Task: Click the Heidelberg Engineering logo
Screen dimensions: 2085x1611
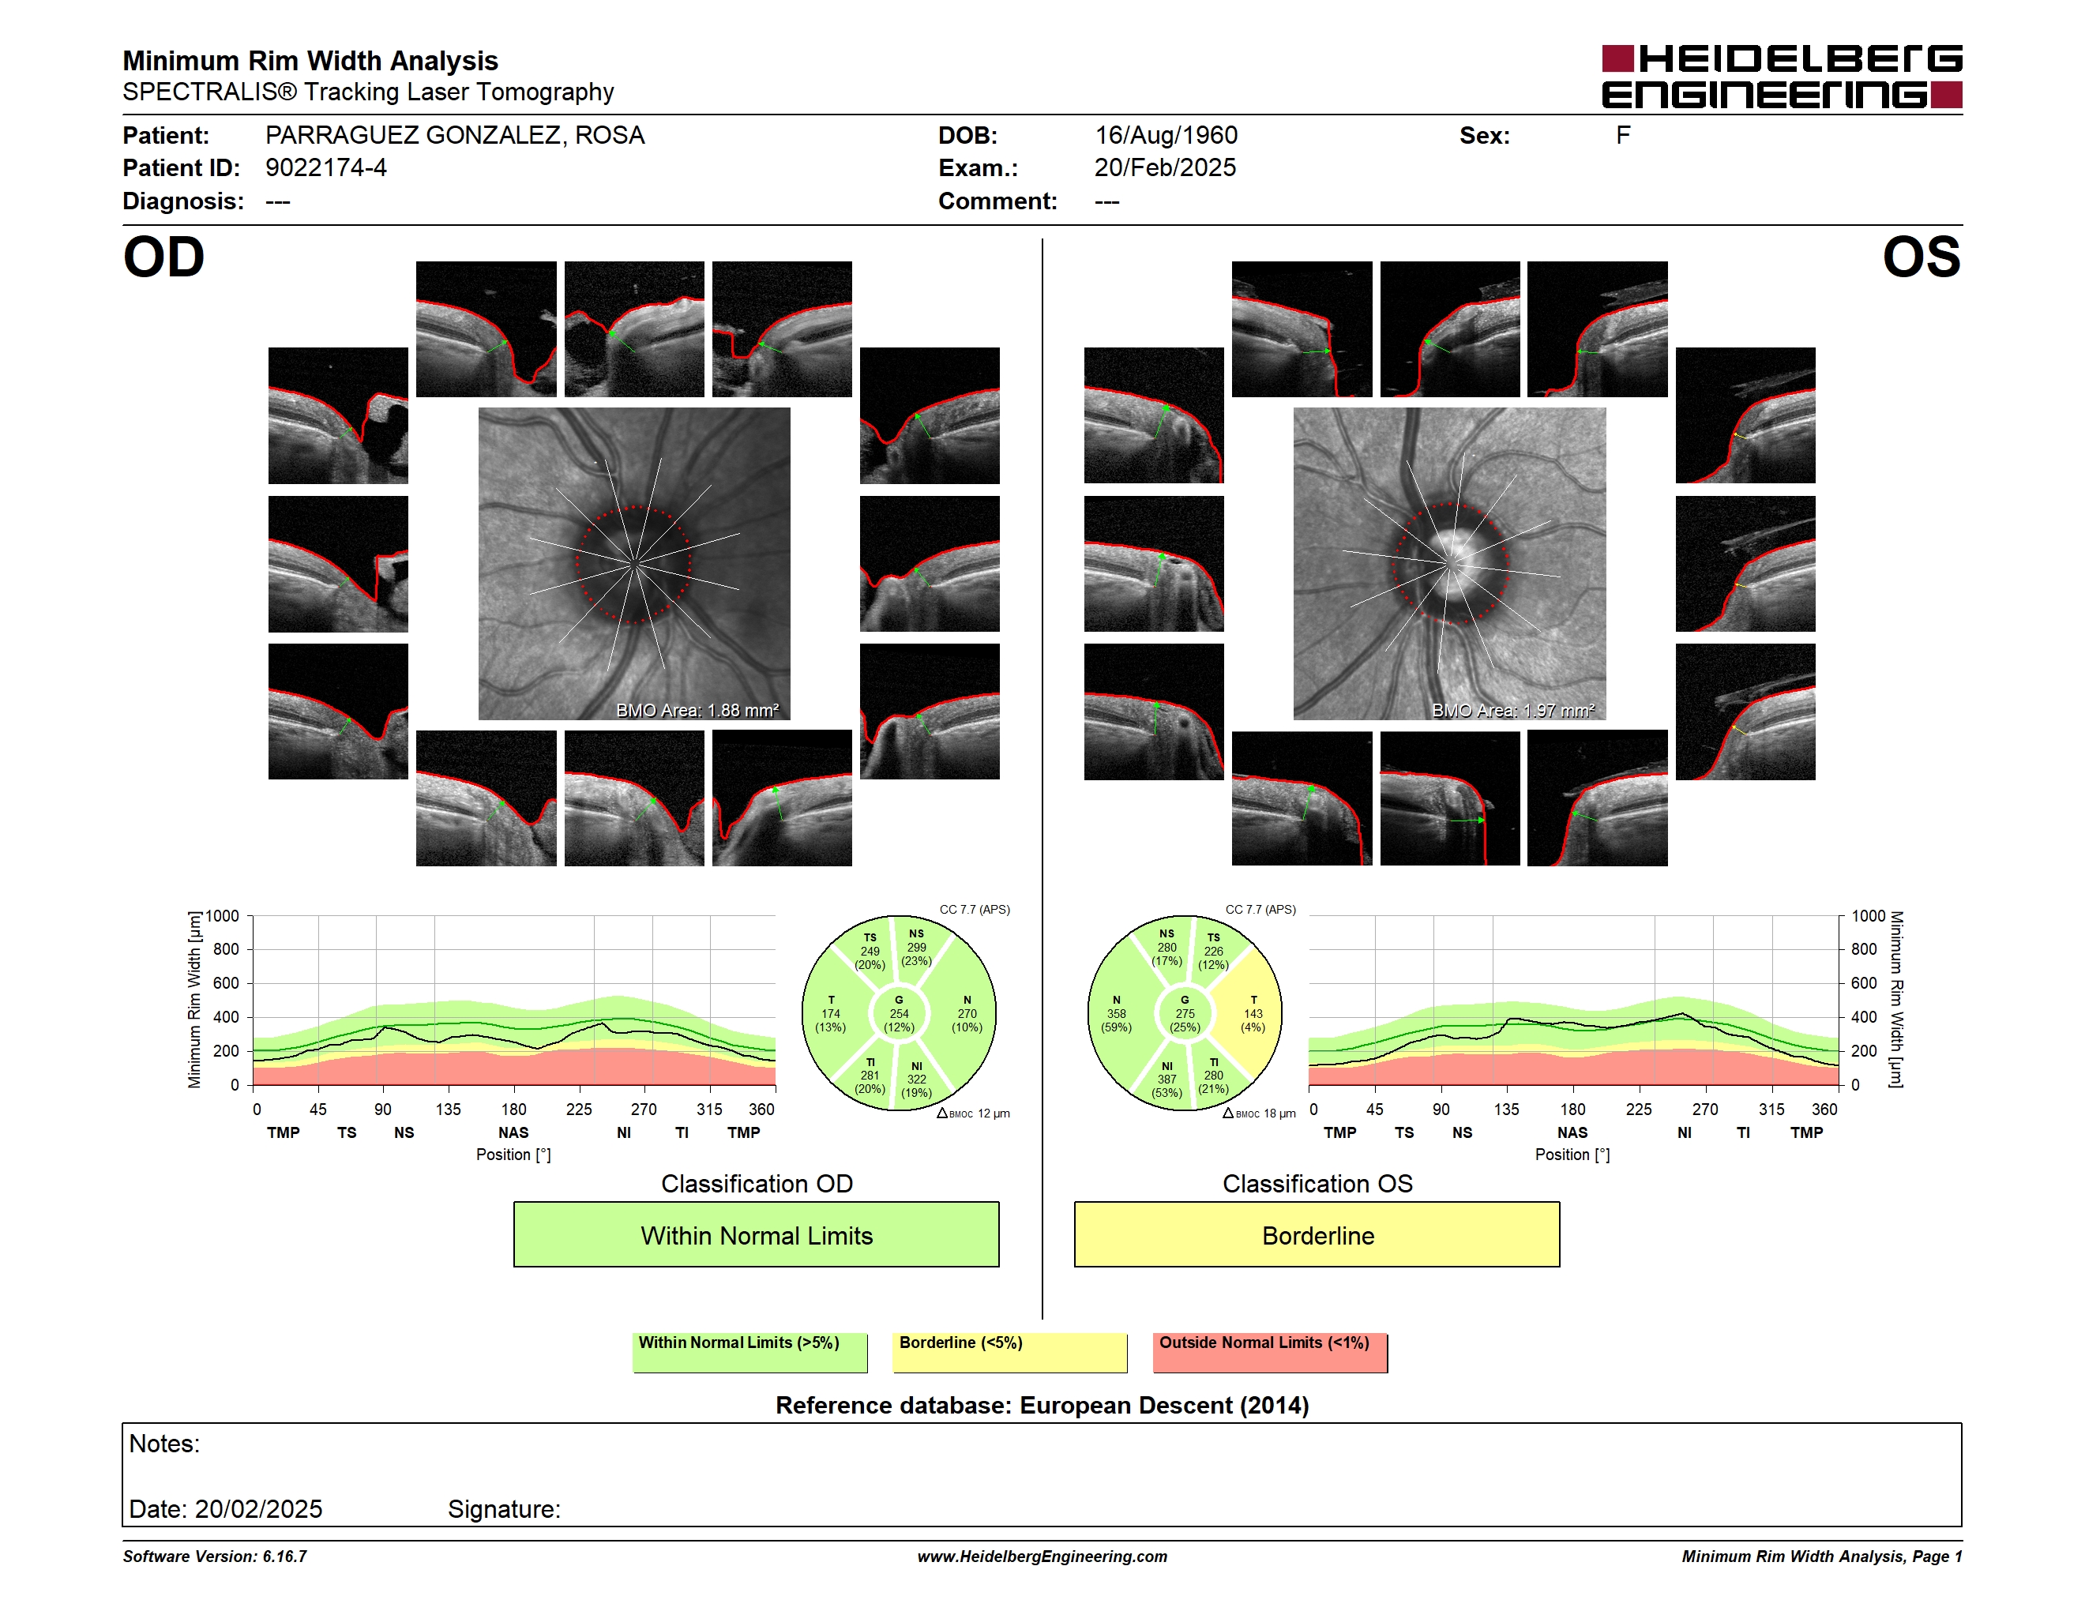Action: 1782,77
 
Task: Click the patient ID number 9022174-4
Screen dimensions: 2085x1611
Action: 325,168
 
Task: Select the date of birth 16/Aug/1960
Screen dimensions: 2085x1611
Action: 1166,136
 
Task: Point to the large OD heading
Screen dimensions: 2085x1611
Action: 164,257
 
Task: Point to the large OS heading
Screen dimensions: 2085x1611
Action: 1921,257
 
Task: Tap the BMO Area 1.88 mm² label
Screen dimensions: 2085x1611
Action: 697,710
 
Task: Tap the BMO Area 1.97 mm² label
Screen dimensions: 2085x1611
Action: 1513,710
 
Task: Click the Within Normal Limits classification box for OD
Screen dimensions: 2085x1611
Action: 756,1234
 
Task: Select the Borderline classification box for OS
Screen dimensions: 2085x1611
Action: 1317,1234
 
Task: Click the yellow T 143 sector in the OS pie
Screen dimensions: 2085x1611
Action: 1252,1013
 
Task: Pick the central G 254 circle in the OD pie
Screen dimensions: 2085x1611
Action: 898,1013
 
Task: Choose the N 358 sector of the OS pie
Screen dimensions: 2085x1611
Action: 1118,1013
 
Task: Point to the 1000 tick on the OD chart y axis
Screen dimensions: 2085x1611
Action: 223,916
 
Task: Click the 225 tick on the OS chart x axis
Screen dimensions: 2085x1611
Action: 1638,1109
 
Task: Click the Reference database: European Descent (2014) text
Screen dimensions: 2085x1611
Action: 1042,1405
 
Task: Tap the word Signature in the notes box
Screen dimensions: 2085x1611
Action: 504,1509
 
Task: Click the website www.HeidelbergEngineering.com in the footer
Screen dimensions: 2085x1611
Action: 1042,1557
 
